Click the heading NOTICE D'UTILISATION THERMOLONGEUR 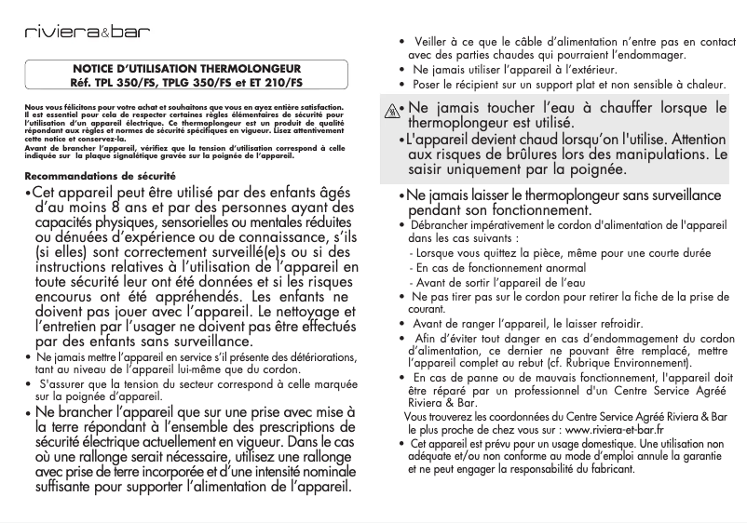186,70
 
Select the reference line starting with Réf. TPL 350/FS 186,82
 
